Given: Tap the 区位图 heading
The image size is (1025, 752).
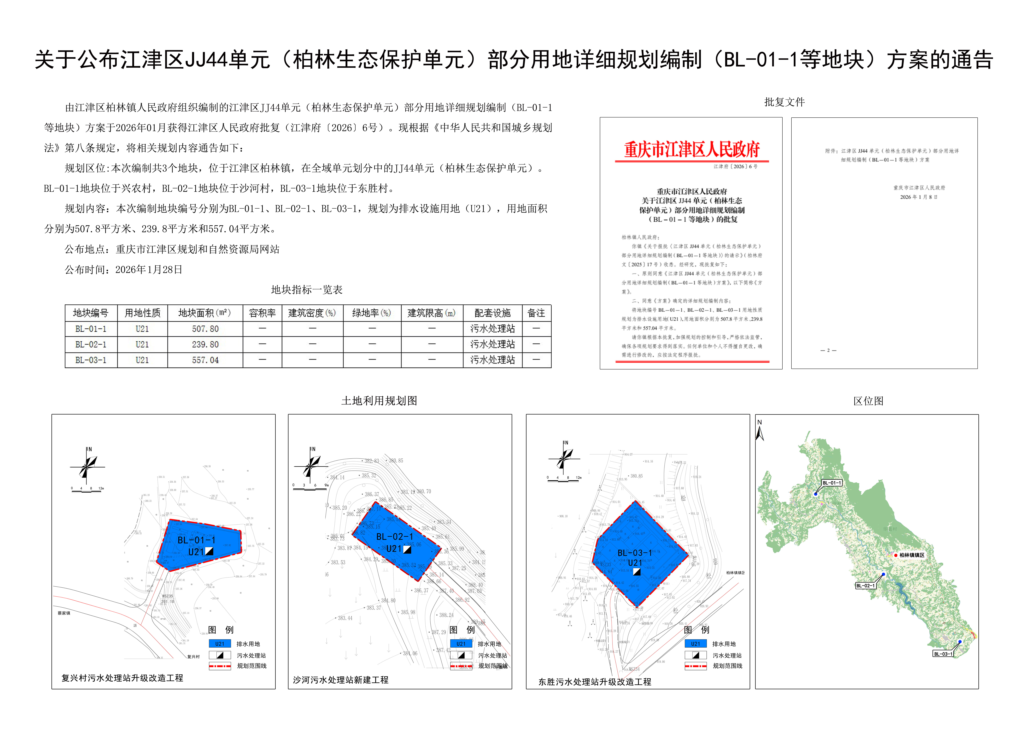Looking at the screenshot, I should [868, 401].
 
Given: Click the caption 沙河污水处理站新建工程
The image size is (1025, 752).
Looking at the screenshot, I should [340, 680].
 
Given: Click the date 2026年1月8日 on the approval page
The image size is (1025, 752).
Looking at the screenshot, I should [918, 197].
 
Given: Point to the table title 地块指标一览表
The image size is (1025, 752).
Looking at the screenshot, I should [306, 289].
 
